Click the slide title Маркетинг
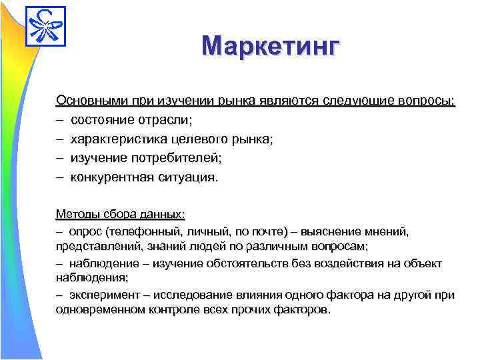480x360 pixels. [271, 47]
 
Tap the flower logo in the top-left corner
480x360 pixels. [45, 26]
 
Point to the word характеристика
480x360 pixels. [117, 139]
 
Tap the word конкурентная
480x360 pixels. [113, 178]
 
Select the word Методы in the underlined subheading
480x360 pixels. [77, 214]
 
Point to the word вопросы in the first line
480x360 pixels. [428, 101]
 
